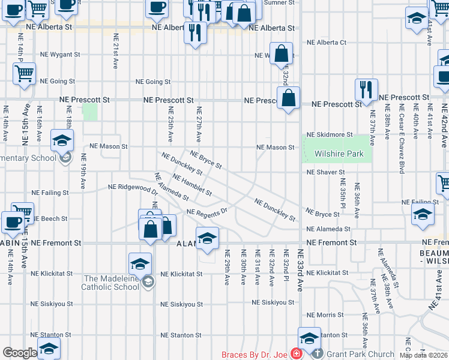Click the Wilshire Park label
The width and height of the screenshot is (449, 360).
click(339, 154)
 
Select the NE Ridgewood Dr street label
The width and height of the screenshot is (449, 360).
click(133, 188)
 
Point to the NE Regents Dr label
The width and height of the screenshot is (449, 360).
click(208, 212)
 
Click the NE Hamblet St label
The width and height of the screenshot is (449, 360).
click(191, 185)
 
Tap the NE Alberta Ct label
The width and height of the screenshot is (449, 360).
click(327, 43)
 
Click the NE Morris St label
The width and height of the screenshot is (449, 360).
click(325, 315)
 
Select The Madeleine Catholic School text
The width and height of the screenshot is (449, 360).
click(111, 283)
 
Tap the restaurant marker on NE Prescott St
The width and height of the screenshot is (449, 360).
click(366, 90)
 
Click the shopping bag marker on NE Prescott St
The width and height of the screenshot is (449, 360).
click(289, 98)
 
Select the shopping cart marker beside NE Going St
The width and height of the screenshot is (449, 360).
click(24, 74)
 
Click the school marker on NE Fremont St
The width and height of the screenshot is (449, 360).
click(207, 238)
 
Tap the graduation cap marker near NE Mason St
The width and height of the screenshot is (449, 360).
click(62, 142)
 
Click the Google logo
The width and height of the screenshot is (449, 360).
click(20, 353)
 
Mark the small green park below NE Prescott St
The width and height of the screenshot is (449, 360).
click(89, 112)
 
